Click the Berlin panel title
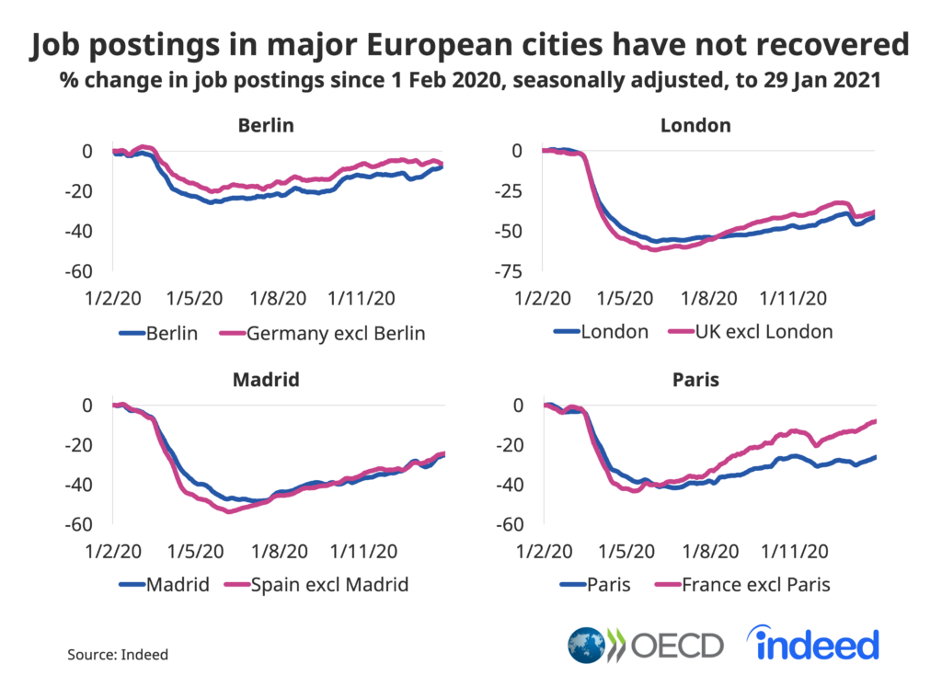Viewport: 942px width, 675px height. (x=265, y=125)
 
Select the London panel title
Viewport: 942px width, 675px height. (x=695, y=125)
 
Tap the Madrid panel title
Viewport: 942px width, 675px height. (x=267, y=379)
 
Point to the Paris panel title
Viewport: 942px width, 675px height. (x=695, y=379)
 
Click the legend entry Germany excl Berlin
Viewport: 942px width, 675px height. (x=335, y=333)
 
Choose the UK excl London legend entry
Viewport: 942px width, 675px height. (x=760, y=332)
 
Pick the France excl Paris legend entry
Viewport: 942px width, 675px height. (x=753, y=584)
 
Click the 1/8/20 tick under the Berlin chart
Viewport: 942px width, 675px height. (x=279, y=299)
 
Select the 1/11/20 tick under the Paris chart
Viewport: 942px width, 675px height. (x=796, y=552)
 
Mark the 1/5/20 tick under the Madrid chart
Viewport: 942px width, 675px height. (x=195, y=552)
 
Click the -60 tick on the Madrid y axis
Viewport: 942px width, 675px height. (x=79, y=524)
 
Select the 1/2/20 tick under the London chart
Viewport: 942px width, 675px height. (x=543, y=299)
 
